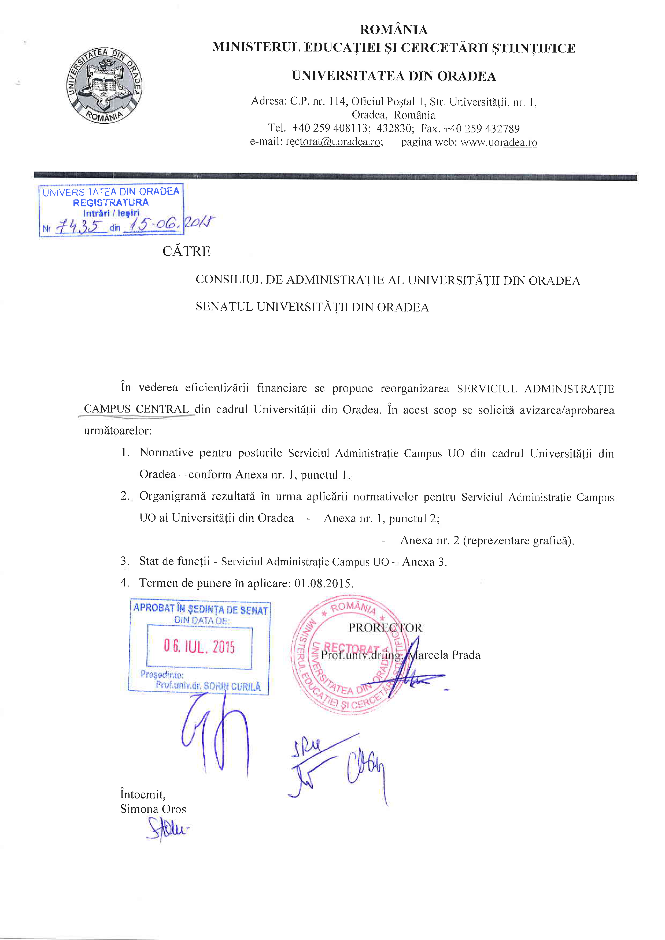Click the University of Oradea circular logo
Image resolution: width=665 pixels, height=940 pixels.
click(x=104, y=86)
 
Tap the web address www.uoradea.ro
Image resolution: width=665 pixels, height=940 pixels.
click(x=498, y=143)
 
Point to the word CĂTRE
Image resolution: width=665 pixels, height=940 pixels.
click(x=186, y=251)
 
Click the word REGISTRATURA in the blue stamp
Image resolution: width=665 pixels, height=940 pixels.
click(x=110, y=202)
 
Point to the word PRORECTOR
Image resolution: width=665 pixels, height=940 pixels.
click(x=385, y=628)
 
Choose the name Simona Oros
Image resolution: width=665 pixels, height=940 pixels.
click(x=153, y=809)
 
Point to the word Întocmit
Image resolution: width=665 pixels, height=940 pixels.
click(x=142, y=794)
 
